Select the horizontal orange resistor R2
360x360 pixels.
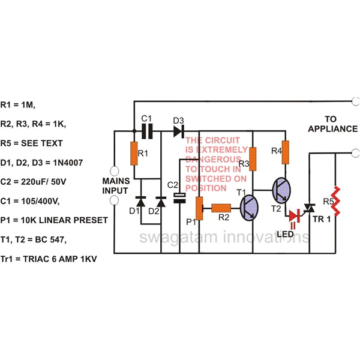[x=223, y=208]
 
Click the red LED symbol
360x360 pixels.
[x=295, y=215]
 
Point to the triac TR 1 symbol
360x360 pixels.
[x=310, y=208]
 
